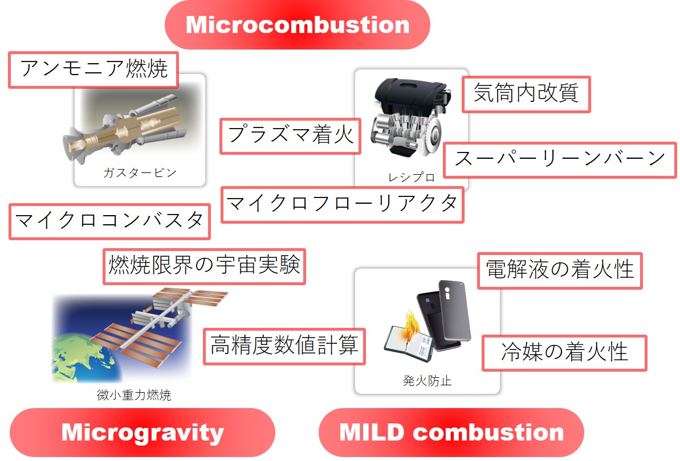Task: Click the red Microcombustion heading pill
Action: click(x=298, y=24)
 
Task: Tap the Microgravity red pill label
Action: click(x=142, y=433)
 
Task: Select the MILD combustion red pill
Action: click(x=451, y=433)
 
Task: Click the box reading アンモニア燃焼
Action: click(x=93, y=69)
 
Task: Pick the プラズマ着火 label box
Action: click(x=291, y=136)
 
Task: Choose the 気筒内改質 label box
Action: click(x=526, y=94)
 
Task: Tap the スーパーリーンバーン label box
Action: click(x=560, y=160)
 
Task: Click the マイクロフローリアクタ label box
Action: click(x=343, y=205)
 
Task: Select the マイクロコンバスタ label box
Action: click(x=109, y=221)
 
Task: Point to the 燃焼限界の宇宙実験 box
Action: click(x=204, y=266)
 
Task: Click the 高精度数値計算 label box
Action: click(x=284, y=346)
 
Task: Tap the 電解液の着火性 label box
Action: click(x=560, y=270)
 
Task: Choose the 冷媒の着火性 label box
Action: click(x=565, y=353)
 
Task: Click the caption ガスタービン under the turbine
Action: click(x=140, y=173)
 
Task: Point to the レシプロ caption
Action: click(x=411, y=178)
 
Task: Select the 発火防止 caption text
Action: click(x=427, y=381)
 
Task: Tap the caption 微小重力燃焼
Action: click(x=134, y=395)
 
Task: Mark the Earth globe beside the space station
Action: click(x=83, y=357)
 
